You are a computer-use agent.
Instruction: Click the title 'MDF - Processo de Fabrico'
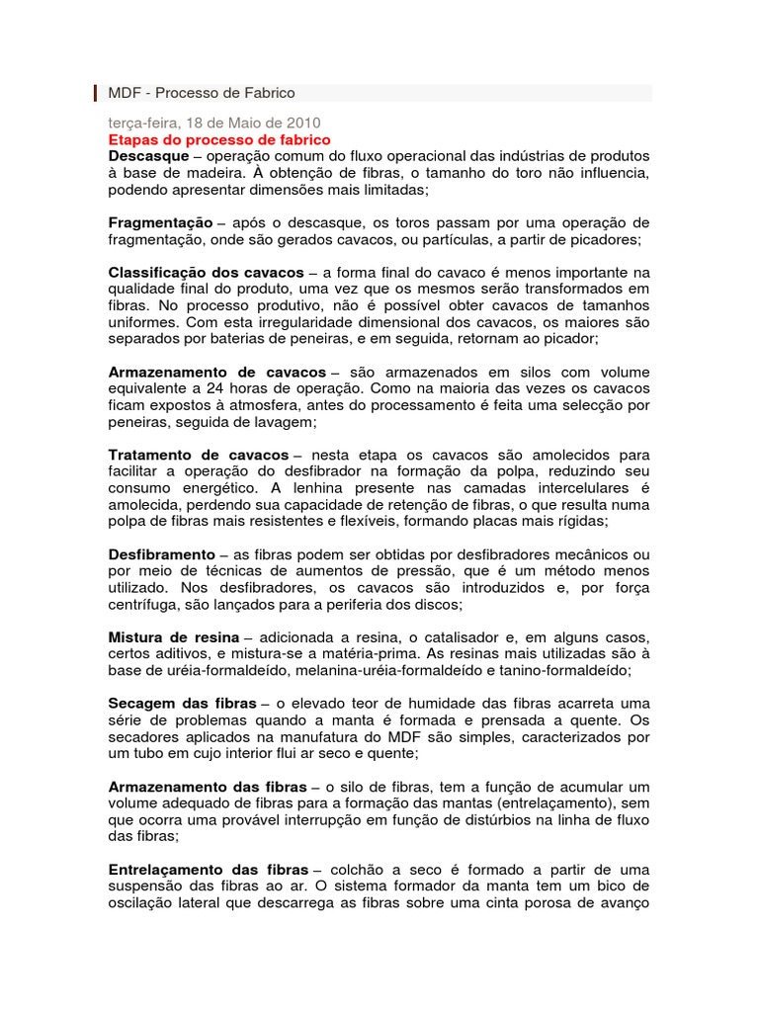[x=202, y=93]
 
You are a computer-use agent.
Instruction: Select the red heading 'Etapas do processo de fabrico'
[x=219, y=140]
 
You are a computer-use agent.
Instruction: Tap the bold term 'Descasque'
[x=148, y=156]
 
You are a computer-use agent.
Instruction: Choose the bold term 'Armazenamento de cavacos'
[x=216, y=372]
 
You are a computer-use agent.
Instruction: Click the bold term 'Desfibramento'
[x=161, y=554]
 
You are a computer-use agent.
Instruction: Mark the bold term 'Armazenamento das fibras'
[x=208, y=787]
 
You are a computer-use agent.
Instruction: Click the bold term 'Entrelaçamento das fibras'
[x=209, y=870]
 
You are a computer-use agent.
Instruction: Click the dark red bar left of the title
[x=96, y=93]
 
